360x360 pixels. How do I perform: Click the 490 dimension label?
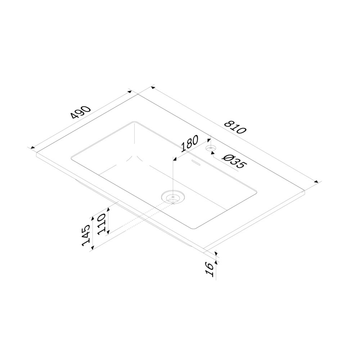tap(81, 112)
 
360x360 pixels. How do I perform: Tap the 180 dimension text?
tap(190, 144)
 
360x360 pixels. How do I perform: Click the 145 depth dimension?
tap(86, 235)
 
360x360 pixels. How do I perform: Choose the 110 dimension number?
tap(101, 224)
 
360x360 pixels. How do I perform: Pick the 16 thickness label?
tap(210, 269)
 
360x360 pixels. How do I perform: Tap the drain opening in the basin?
tap(173, 197)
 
